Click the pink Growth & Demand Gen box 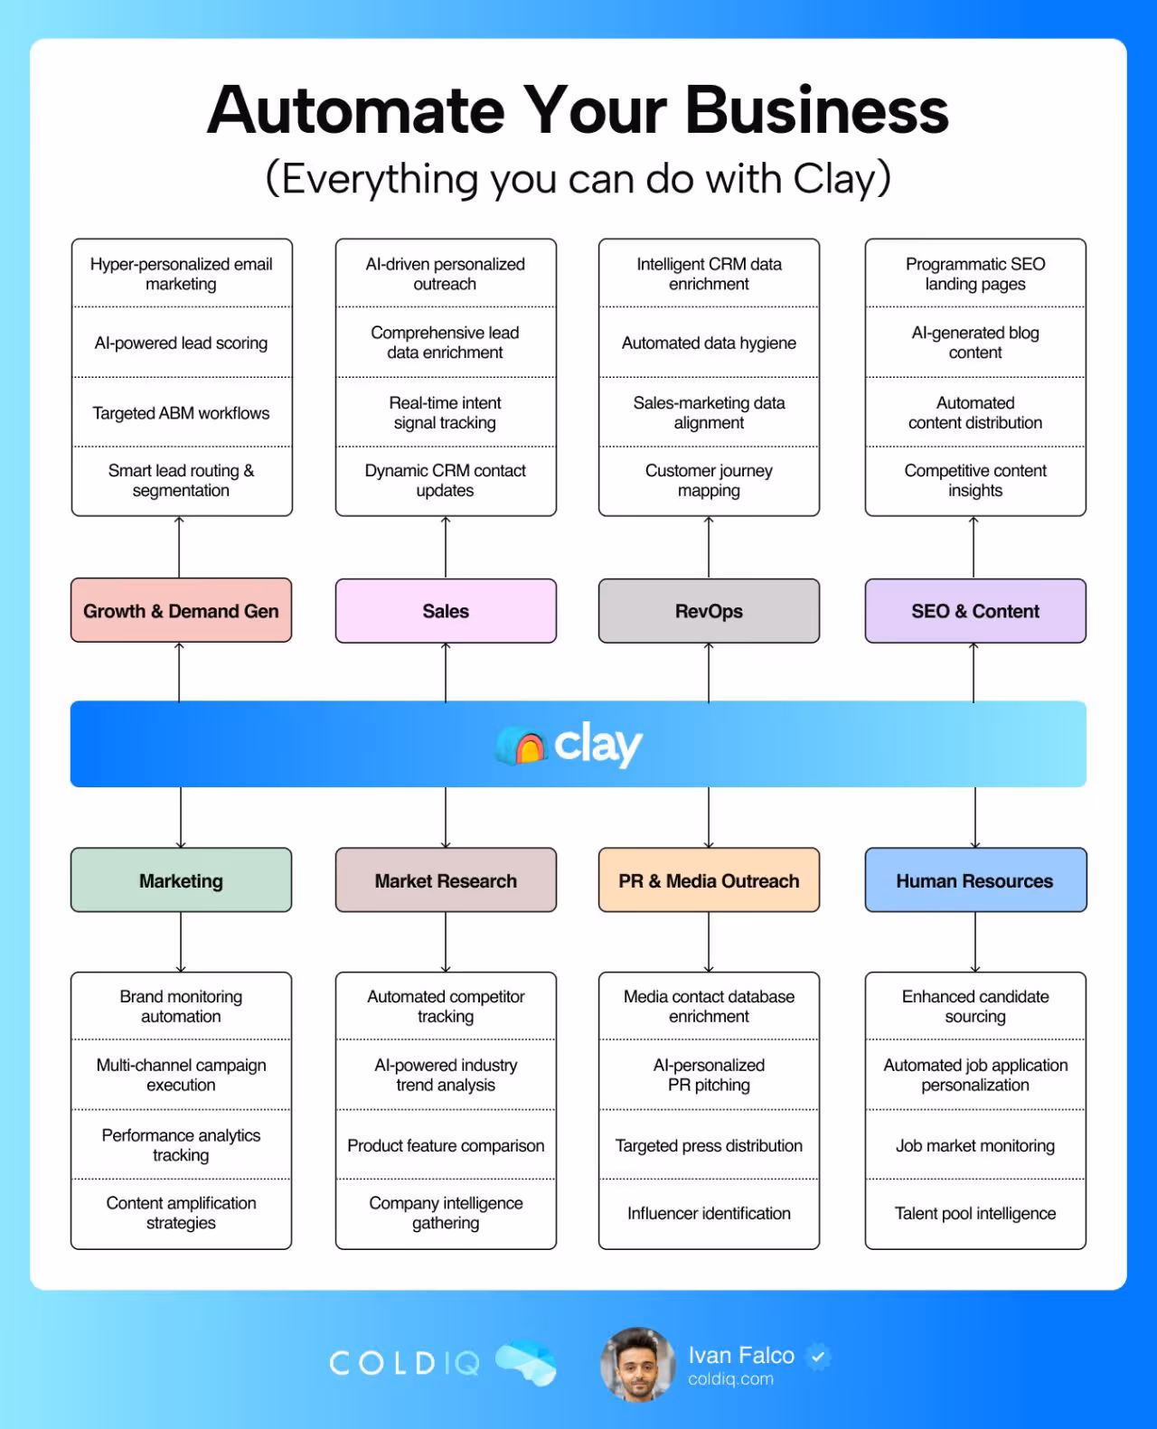[181, 611]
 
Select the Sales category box [446, 611]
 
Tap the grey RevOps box [709, 611]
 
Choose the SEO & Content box [975, 611]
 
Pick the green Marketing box [181, 880]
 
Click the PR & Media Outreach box [709, 880]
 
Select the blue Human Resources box [975, 880]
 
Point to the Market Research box [446, 880]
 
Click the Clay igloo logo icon [522, 746]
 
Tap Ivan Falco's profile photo [637, 1364]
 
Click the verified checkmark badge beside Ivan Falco [818, 1356]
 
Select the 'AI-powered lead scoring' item [181, 343]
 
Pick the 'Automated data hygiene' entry [709, 343]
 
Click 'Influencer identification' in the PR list [709, 1213]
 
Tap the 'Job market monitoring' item [975, 1145]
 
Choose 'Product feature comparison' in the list [446, 1145]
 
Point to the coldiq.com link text [730, 1379]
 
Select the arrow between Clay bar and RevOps [709, 672]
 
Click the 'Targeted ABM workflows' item [181, 413]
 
